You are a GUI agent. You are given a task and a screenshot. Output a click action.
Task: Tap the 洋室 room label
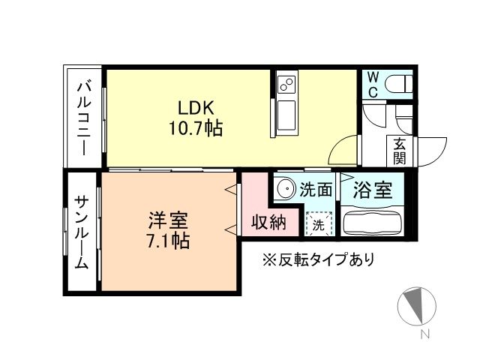tap(168, 220)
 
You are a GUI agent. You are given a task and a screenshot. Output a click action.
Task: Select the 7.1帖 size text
tap(168, 241)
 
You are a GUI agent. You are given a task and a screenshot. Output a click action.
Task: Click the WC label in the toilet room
tap(373, 85)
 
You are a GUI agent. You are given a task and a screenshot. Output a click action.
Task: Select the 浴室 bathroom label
tap(373, 190)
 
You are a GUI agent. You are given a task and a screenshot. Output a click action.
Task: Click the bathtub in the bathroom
tap(372, 223)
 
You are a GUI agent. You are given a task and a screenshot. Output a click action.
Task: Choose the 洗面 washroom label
tap(316, 190)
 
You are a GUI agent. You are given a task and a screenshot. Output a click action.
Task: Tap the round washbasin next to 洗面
tap(284, 188)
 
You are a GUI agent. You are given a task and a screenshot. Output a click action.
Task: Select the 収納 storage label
tap(268, 223)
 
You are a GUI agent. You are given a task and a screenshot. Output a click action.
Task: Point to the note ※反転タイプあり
tap(317, 260)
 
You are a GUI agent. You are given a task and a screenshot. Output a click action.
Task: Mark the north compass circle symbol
tap(416, 307)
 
